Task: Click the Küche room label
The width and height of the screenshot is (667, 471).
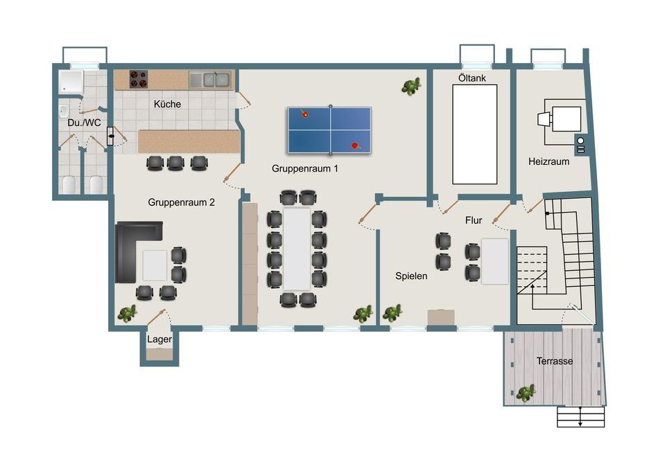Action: (x=167, y=104)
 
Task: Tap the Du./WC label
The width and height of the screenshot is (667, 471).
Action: (x=84, y=123)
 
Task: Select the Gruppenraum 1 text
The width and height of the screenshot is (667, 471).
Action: (x=305, y=169)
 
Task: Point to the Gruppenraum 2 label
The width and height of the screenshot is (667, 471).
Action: (x=181, y=202)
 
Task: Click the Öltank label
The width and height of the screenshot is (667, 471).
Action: (x=472, y=78)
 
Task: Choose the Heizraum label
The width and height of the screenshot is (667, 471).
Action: (x=548, y=161)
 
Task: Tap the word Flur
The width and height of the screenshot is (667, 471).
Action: (x=474, y=220)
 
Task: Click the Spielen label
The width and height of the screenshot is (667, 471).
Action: (x=411, y=276)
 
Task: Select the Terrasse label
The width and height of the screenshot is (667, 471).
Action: (x=555, y=362)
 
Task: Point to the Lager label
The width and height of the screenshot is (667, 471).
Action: (x=159, y=339)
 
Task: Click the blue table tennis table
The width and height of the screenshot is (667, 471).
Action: (x=329, y=130)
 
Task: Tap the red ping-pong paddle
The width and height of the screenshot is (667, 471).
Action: (x=356, y=146)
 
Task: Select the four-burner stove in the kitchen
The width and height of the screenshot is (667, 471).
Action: (x=139, y=80)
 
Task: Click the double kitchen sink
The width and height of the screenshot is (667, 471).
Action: (x=210, y=80)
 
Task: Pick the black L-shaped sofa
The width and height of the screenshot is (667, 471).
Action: (x=135, y=251)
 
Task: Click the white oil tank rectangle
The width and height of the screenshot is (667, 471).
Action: (x=475, y=134)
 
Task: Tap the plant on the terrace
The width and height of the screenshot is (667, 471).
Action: (x=526, y=393)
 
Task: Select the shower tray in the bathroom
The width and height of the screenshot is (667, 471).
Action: (x=71, y=82)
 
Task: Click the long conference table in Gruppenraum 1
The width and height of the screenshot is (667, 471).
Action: (x=297, y=249)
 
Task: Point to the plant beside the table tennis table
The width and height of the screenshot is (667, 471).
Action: (x=411, y=87)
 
